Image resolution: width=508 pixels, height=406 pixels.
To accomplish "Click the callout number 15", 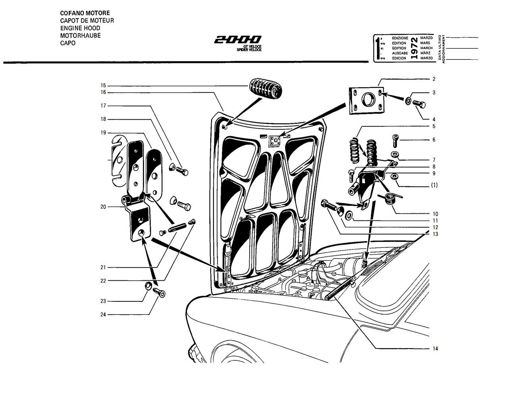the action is (x=103, y=85).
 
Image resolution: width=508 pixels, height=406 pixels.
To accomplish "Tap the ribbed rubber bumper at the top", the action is (x=266, y=88).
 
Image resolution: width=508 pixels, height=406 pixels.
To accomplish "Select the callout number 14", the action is (x=435, y=349).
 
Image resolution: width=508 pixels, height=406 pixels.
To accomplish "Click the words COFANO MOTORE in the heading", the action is (x=85, y=13).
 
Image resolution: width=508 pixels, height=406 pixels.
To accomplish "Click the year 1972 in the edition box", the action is (x=414, y=48).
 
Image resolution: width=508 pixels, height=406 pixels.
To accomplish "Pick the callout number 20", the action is (x=103, y=207).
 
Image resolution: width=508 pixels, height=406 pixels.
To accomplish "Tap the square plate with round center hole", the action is (x=367, y=100).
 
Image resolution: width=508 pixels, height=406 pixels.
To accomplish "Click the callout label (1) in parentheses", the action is (x=434, y=185).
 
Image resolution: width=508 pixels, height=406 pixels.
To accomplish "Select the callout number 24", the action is (x=103, y=314).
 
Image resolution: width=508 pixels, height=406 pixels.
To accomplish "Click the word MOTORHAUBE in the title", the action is (x=81, y=36).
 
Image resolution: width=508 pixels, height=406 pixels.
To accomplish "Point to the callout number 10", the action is (x=435, y=214).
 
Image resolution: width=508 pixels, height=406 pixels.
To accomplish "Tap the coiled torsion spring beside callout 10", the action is (x=390, y=198).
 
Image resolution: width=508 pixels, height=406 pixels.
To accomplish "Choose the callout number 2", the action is (x=434, y=79).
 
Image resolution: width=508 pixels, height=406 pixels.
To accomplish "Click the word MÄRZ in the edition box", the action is (x=425, y=53).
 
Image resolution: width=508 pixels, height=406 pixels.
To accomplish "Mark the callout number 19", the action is (x=103, y=132).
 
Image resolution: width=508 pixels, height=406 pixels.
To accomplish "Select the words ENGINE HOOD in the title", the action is (x=80, y=28).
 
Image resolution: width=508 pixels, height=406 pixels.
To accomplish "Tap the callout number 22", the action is (x=103, y=281).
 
